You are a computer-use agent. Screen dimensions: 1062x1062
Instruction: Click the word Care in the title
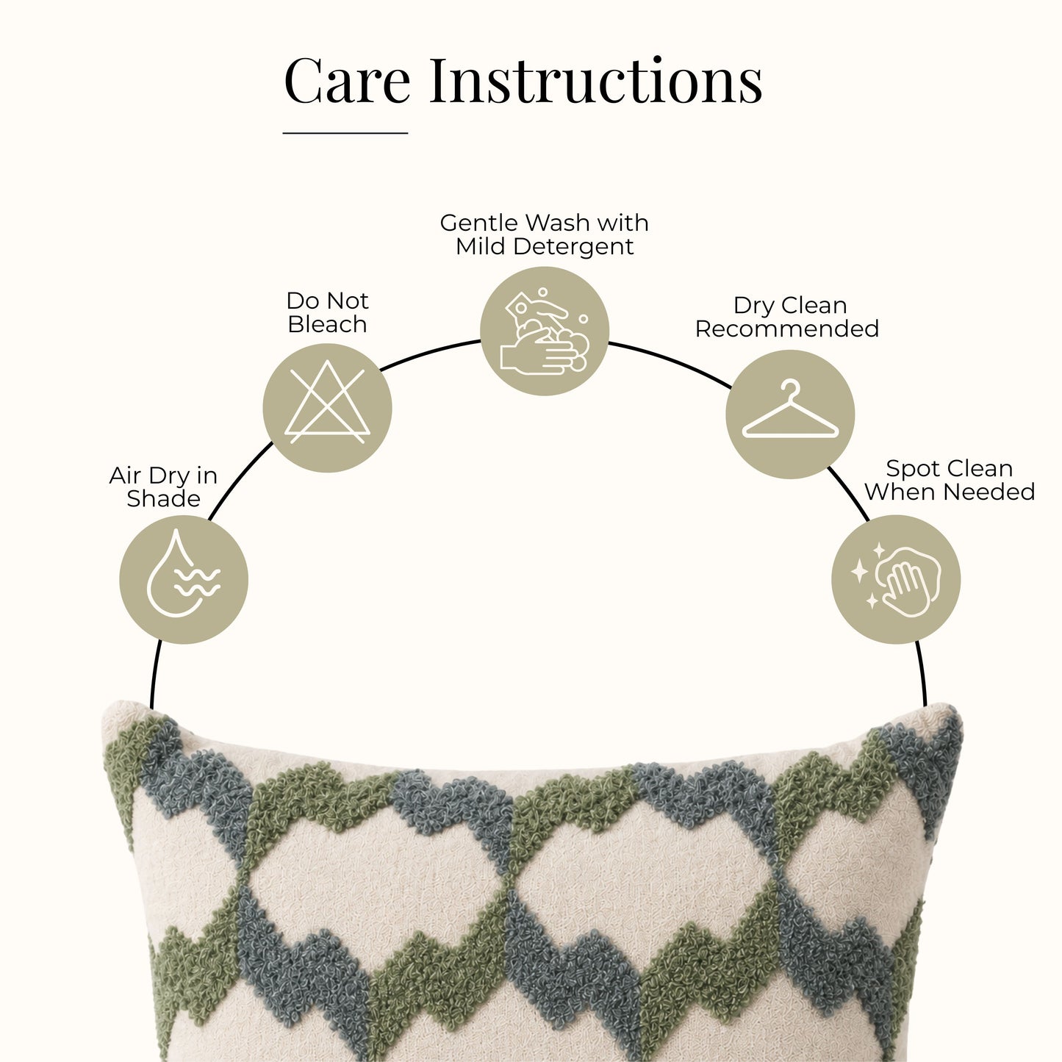click(347, 80)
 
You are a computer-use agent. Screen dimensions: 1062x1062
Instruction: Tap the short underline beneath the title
click(345, 133)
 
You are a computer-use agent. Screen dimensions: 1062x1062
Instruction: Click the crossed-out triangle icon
click(327, 402)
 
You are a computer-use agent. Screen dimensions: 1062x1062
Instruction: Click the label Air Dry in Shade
click(164, 487)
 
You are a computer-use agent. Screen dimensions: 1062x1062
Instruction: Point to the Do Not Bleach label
click(327, 312)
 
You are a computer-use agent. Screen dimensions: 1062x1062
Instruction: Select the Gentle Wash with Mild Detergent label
click(545, 234)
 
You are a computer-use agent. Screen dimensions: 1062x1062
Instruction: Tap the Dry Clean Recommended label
click(787, 317)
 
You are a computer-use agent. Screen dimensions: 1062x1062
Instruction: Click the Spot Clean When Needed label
click(950, 480)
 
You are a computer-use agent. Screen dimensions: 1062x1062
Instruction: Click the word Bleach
click(327, 324)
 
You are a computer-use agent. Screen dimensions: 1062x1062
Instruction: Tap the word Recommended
click(787, 329)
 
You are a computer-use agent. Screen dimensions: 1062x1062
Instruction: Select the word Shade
click(164, 499)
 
